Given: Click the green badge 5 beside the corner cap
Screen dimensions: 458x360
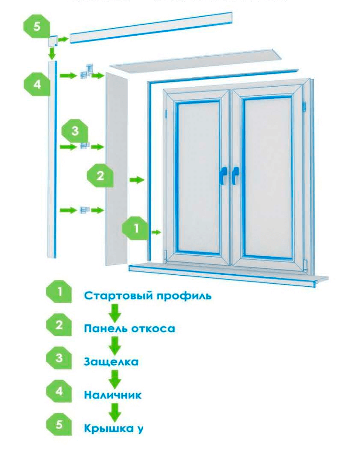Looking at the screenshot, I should [36, 26].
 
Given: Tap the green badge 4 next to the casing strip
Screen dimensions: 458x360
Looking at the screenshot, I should [37, 84].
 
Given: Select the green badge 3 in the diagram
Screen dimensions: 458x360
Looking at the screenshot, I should [75, 131].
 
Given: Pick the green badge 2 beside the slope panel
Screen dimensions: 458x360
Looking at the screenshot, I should [100, 176].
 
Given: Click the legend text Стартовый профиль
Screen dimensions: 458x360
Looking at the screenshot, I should [148, 296].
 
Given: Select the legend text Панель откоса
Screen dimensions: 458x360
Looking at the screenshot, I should [129, 329].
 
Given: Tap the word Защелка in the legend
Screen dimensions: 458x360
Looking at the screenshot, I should [111, 361].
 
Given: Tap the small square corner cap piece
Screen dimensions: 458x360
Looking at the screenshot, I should [52, 42].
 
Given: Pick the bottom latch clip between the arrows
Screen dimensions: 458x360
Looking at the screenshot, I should [84, 210].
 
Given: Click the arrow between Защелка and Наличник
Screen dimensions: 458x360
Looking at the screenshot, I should [115, 378].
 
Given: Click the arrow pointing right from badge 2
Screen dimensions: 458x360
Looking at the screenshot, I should [136, 180].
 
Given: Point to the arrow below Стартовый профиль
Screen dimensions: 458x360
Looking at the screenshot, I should [115, 312].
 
